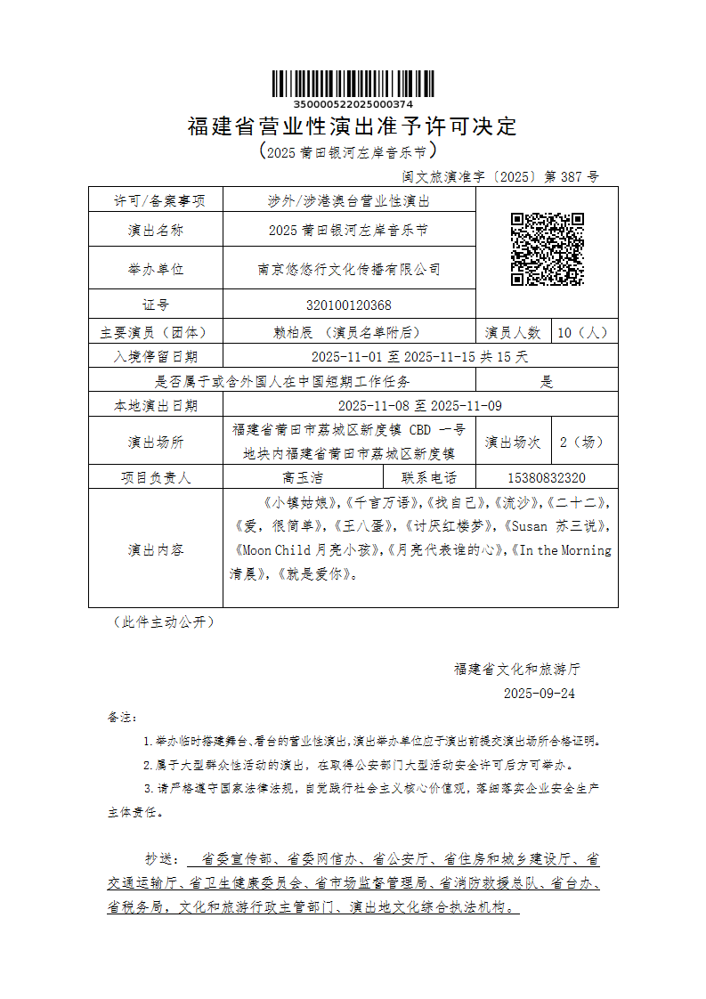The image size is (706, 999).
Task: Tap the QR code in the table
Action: tap(547, 249)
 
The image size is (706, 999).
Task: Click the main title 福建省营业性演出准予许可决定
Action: tap(353, 126)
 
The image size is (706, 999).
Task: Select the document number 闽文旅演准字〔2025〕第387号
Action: tap(501, 176)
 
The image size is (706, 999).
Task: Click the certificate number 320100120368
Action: tap(348, 305)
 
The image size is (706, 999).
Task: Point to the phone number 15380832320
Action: tap(546, 477)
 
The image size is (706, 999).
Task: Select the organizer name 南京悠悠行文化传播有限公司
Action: tap(348, 268)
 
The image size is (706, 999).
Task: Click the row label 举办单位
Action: tap(156, 268)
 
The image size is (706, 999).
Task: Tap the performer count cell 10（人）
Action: tap(583, 332)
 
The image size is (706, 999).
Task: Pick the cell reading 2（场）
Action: tap(583, 441)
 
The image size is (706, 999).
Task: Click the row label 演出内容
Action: tap(156, 549)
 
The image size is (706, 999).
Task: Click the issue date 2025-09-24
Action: tap(540, 693)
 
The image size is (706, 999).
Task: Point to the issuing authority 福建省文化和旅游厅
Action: tap(517, 668)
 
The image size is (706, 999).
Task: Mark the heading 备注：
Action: tap(123, 716)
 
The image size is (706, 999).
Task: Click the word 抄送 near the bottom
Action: tap(163, 859)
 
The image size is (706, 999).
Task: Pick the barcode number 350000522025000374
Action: tap(353, 105)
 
